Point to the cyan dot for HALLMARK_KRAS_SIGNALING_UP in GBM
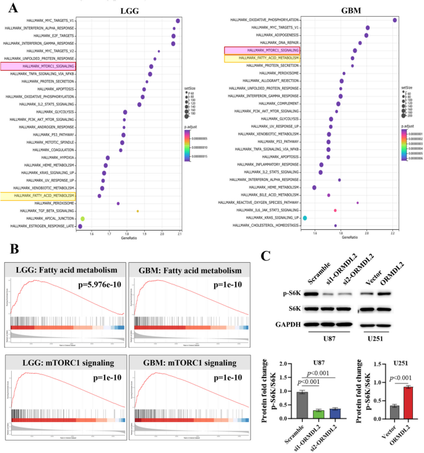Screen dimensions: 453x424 coord(305,218)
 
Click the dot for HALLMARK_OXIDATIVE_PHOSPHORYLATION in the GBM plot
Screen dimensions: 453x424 coord(395,20)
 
